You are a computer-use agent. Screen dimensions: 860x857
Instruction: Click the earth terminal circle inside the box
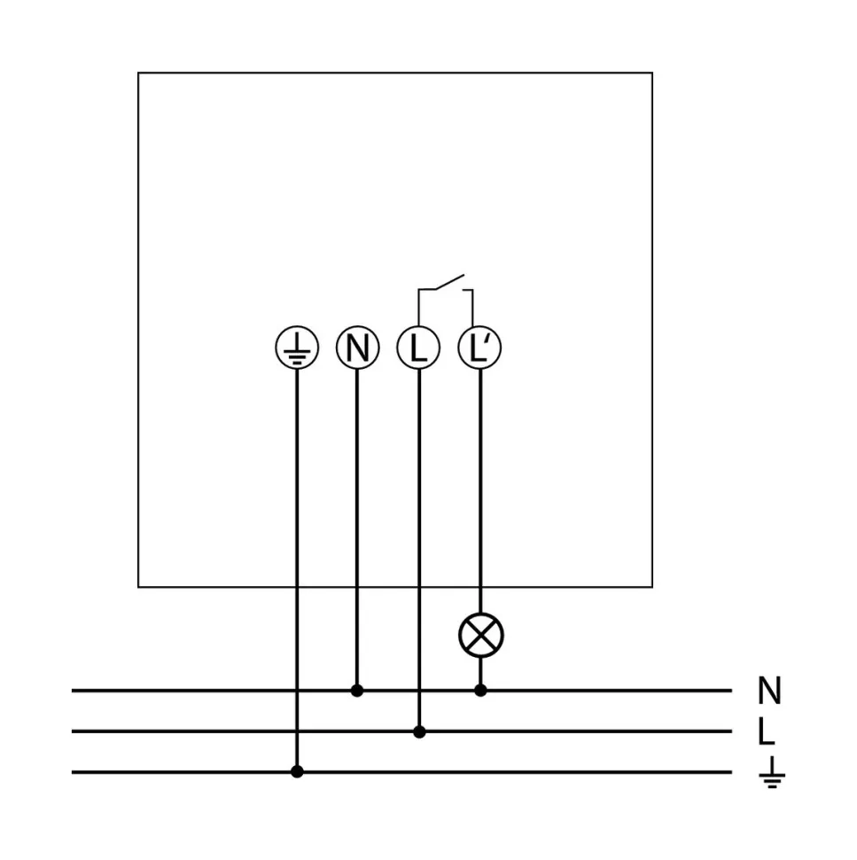pos(297,348)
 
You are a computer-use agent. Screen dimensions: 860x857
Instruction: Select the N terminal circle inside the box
pos(357,348)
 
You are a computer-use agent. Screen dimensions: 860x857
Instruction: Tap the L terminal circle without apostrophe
pos(419,348)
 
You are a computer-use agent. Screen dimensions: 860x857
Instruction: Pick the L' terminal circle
pos(479,348)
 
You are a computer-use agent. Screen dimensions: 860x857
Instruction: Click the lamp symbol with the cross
pos(481,636)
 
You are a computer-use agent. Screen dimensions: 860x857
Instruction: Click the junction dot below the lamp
pos(481,690)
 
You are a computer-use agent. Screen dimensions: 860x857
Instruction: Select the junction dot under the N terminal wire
pos(357,690)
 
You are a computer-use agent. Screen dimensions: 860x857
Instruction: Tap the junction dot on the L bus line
pos(420,731)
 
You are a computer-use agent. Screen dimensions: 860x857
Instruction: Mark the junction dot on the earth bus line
pos(297,772)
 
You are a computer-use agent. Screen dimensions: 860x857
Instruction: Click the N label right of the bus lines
pos(769,691)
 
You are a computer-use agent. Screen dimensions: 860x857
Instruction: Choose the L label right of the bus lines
pos(767,732)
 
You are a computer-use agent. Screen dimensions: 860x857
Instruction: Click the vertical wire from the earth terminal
pos(297,567)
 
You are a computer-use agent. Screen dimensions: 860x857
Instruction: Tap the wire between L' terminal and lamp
pos(480,488)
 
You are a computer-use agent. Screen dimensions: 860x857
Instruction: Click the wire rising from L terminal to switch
pos(418,306)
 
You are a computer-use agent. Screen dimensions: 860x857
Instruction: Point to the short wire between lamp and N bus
pos(481,671)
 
